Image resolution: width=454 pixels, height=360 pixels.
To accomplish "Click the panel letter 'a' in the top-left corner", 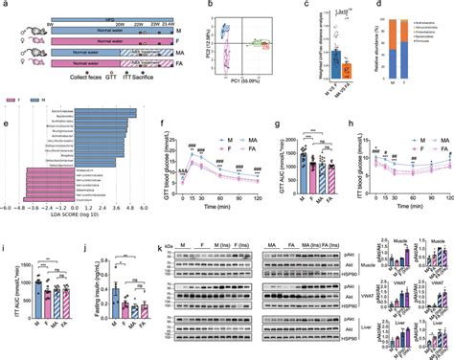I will [6, 6].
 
